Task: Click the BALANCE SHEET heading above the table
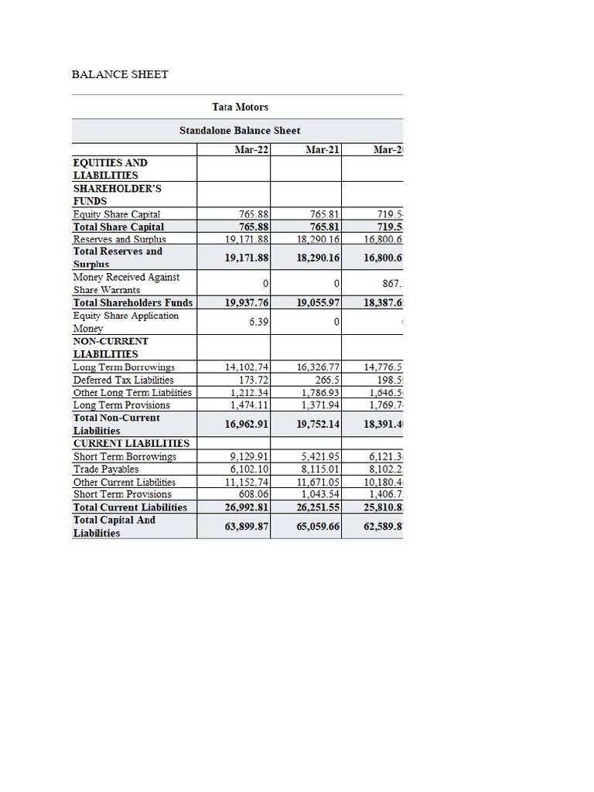point(120,74)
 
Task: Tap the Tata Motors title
point(240,107)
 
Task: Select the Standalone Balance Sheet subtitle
point(240,131)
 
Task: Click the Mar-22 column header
point(251,149)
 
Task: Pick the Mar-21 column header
point(323,149)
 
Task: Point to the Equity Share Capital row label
point(117,214)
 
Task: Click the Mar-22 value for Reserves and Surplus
point(247,240)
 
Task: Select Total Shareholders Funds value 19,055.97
point(318,302)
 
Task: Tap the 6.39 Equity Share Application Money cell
point(258,321)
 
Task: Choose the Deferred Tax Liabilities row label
point(123,380)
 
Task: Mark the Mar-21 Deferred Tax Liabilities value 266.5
point(326,380)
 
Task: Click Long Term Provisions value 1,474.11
point(249,405)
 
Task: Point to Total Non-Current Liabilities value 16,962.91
point(247,424)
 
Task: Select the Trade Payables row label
point(106,469)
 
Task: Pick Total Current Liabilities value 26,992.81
point(247,507)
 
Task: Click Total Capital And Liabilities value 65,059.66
point(318,526)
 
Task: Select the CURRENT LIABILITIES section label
point(131,443)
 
